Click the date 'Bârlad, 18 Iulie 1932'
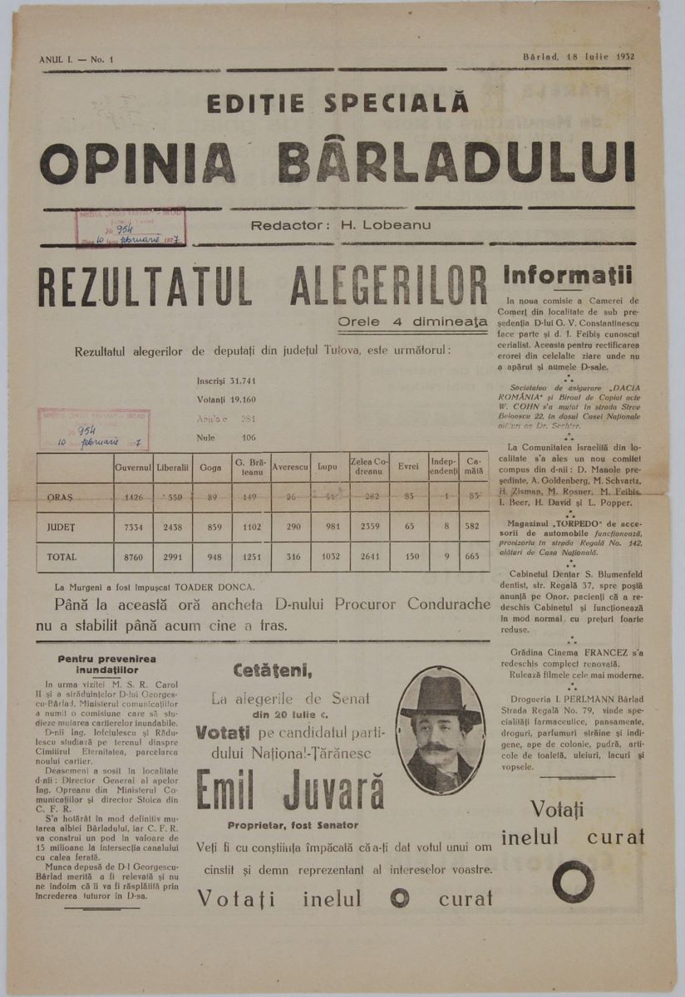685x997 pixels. tap(579, 57)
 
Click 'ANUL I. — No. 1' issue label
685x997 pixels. tap(76, 60)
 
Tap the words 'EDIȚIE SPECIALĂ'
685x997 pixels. tap(339, 103)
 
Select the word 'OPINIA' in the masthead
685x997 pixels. tap(138, 163)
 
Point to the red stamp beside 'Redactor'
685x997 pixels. tap(131, 227)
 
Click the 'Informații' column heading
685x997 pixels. tap(569, 275)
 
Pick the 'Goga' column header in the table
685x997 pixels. tap(210, 468)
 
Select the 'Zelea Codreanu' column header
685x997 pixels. tap(370, 468)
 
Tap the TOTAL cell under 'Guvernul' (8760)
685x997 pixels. tap(133, 557)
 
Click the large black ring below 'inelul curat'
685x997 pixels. tap(573, 882)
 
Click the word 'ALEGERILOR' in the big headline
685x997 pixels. tap(389, 287)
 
